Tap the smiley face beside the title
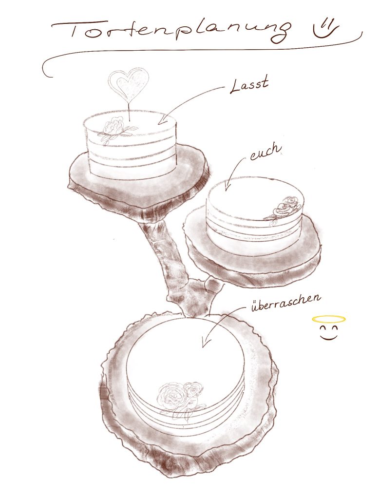[324, 28]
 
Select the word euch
[265, 152]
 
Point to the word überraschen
[285, 302]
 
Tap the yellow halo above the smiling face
[328, 319]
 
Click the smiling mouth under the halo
[329, 336]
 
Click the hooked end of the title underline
[46, 71]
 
